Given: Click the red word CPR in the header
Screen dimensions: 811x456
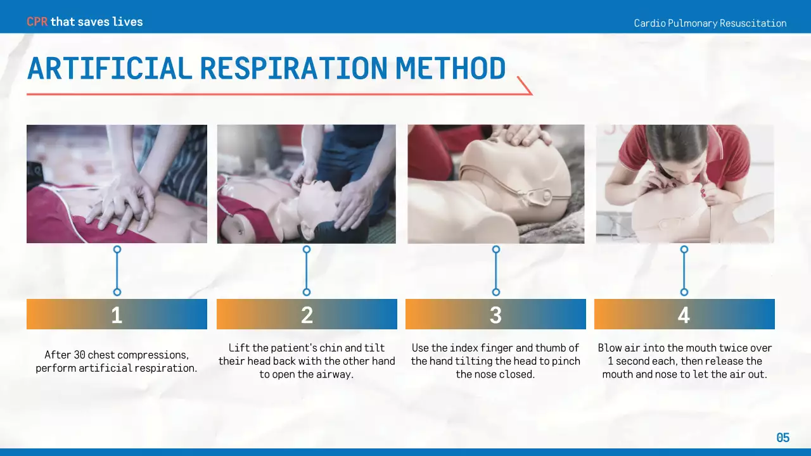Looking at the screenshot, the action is pos(37,22).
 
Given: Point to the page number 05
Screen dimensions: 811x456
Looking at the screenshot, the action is pos(783,438).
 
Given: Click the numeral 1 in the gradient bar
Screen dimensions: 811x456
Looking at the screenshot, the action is pos(117,315).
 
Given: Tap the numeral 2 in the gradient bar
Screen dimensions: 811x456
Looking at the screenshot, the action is pos(307,315).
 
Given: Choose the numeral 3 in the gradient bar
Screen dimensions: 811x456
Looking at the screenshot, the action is pos(495,315).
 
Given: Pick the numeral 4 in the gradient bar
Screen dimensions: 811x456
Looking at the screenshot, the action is pos(684,315).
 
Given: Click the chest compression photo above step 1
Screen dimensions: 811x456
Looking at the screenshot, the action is pos(117,184).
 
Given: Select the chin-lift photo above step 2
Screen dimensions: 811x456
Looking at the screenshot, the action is pos(306,184).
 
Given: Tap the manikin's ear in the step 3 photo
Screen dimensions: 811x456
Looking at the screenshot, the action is pos(539,196).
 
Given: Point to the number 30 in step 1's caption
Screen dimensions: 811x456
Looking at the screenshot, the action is pos(79,355).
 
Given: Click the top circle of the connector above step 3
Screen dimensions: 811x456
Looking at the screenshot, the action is pos(496,250).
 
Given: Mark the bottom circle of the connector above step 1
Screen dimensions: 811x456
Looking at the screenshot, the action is pos(117,292).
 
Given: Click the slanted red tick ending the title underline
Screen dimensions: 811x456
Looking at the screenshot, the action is pos(525,85).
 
